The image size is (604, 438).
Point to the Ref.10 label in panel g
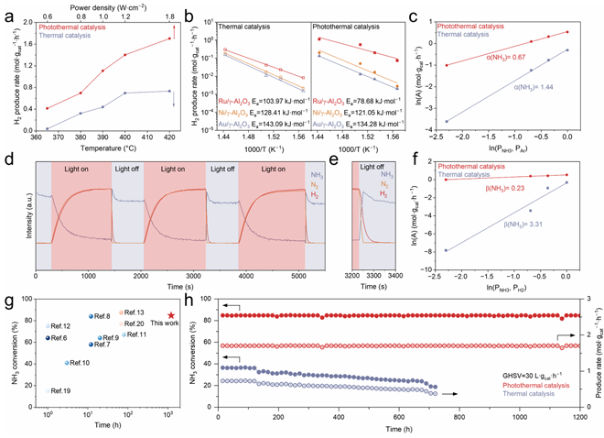79,363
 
